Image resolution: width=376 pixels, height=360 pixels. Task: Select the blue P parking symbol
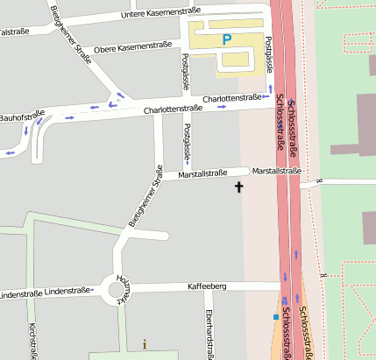pyautogui.click(x=227, y=39)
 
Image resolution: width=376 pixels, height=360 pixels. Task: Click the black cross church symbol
pyautogui.click(x=238, y=187)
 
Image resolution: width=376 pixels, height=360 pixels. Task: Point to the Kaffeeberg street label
pyautogui.click(x=208, y=286)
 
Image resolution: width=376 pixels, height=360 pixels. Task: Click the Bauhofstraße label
pyautogui.click(x=21, y=116)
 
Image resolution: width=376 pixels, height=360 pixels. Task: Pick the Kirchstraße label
pyautogui.click(x=32, y=342)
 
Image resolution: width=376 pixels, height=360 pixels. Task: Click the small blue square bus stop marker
pyautogui.click(x=275, y=317)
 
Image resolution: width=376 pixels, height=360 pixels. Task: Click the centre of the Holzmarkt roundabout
pyautogui.click(x=115, y=288)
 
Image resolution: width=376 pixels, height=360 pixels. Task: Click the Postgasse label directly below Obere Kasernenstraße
pyautogui.click(x=185, y=72)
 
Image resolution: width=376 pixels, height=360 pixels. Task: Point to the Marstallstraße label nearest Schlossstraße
pyautogui.click(x=276, y=171)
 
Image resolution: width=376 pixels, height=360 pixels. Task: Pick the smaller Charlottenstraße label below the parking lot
pyautogui.click(x=231, y=99)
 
